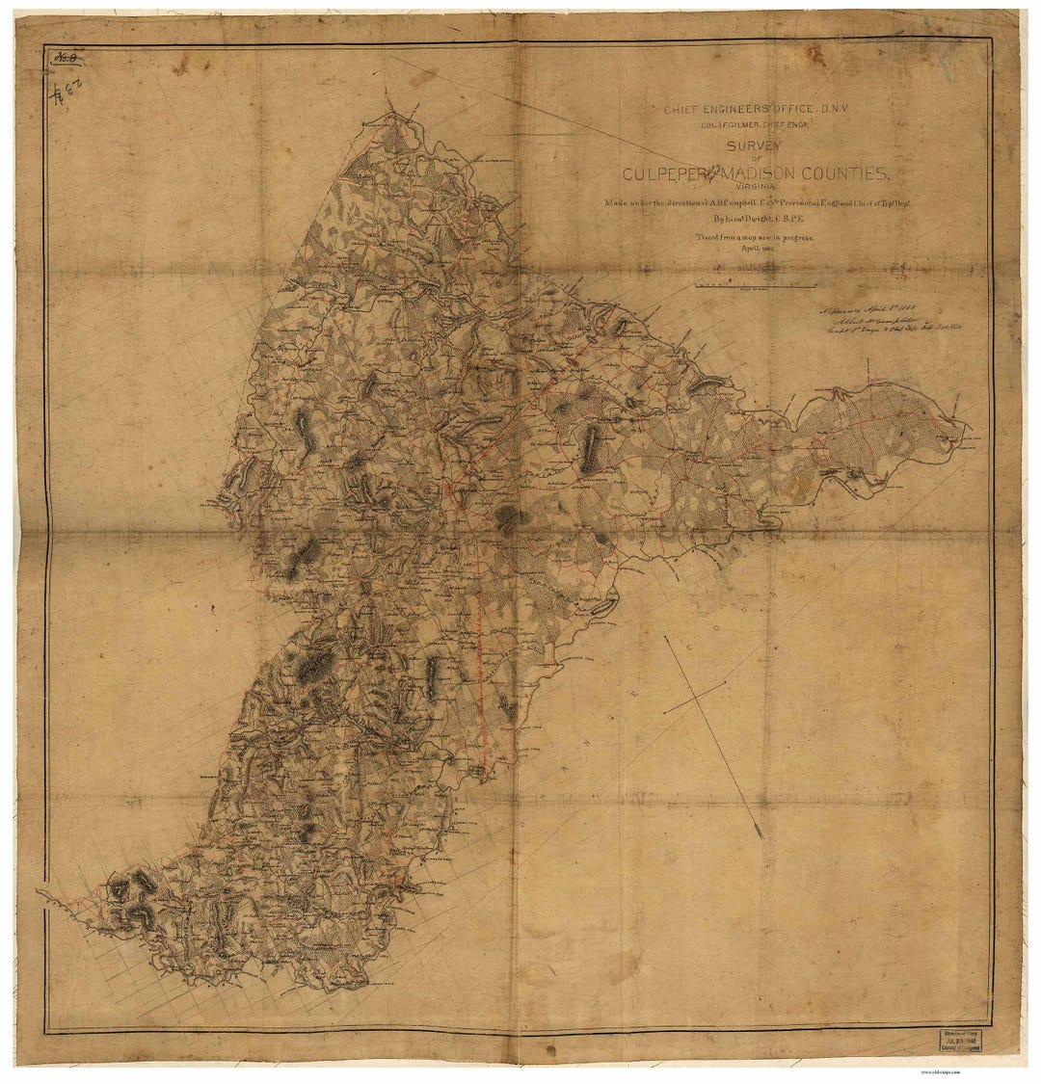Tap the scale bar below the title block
[756, 285]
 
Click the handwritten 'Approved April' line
[867, 310]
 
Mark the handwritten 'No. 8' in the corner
[67, 59]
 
